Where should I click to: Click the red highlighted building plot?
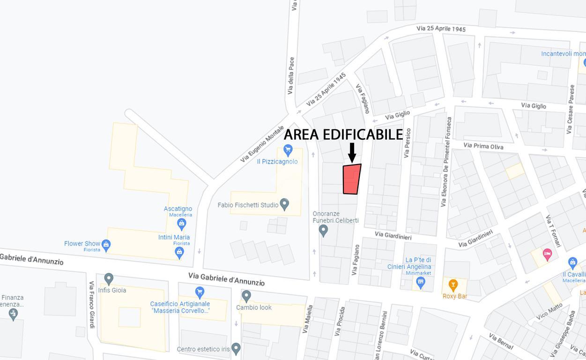point(351,179)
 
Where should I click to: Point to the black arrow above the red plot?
point(352,153)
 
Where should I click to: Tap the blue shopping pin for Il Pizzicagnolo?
point(288,150)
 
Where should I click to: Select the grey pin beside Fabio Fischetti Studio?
point(284,204)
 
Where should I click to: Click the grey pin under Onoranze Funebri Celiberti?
point(323,230)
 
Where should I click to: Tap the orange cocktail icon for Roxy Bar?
point(453,285)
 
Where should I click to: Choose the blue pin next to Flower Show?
point(106,245)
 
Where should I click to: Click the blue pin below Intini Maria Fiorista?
point(179,252)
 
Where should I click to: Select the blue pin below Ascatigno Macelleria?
point(182,224)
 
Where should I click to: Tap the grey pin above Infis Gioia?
point(109,279)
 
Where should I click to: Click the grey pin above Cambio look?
point(246,296)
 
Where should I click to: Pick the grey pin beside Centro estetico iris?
point(236,349)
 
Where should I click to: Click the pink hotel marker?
point(547,255)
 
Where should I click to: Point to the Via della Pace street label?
point(291,76)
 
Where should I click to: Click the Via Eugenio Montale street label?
point(262,144)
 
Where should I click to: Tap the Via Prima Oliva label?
point(483,146)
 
